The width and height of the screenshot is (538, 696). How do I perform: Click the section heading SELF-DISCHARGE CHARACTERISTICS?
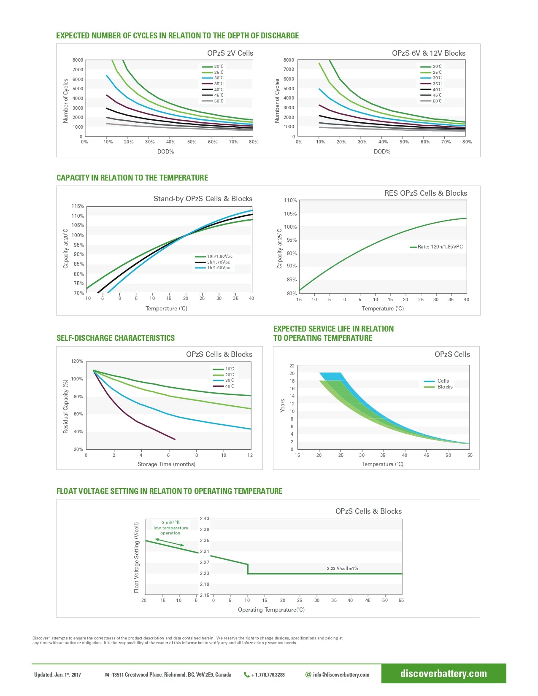tap(116, 338)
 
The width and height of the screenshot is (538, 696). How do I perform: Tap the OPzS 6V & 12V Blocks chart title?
tap(428, 53)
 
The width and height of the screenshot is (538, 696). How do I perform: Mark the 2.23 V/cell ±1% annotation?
tap(342, 569)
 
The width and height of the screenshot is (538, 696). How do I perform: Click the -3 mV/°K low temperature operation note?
tap(170, 528)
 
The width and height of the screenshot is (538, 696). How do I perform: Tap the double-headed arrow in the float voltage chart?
tap(170, 542)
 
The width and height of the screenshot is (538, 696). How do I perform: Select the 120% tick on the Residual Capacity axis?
tap(77, 361)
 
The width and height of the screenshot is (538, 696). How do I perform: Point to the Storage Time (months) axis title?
tap(166, 464)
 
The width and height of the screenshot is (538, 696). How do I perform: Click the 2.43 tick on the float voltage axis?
tap(205, 518)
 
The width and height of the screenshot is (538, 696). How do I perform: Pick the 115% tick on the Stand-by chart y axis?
tap(78, 206)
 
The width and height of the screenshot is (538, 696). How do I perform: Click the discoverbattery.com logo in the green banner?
tap(443, 674)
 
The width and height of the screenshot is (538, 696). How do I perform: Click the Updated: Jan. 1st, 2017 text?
tap(57, 675)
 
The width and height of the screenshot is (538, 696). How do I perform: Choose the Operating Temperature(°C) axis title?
tap(271, 610)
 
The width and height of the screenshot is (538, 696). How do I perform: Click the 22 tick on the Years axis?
tap(292, 366)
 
